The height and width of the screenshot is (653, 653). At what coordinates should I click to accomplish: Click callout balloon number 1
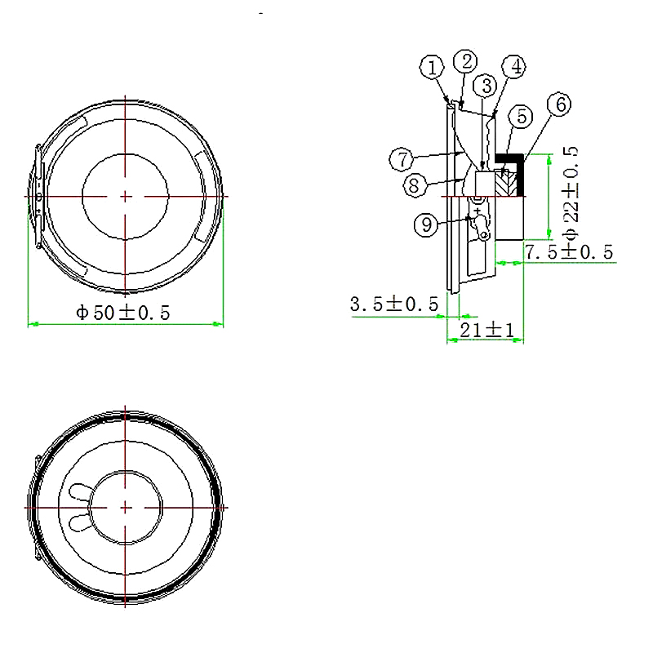(433, 67)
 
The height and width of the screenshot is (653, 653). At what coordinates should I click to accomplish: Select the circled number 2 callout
(466, 61)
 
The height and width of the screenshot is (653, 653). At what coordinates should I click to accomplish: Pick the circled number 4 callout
(513, 66)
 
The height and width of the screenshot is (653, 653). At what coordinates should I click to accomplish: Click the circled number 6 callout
(559, 104)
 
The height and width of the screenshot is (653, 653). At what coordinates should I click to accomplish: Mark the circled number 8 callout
(415, 185)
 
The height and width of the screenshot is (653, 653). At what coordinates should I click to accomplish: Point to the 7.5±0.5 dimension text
(569, 252)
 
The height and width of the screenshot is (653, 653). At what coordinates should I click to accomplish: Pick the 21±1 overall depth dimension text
(486, 330)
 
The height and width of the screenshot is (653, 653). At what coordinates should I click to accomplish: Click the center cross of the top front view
(125, 196)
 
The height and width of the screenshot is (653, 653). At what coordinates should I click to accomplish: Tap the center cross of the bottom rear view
(125, 507)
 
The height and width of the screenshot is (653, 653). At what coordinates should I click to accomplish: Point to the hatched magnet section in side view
(506, 181)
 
